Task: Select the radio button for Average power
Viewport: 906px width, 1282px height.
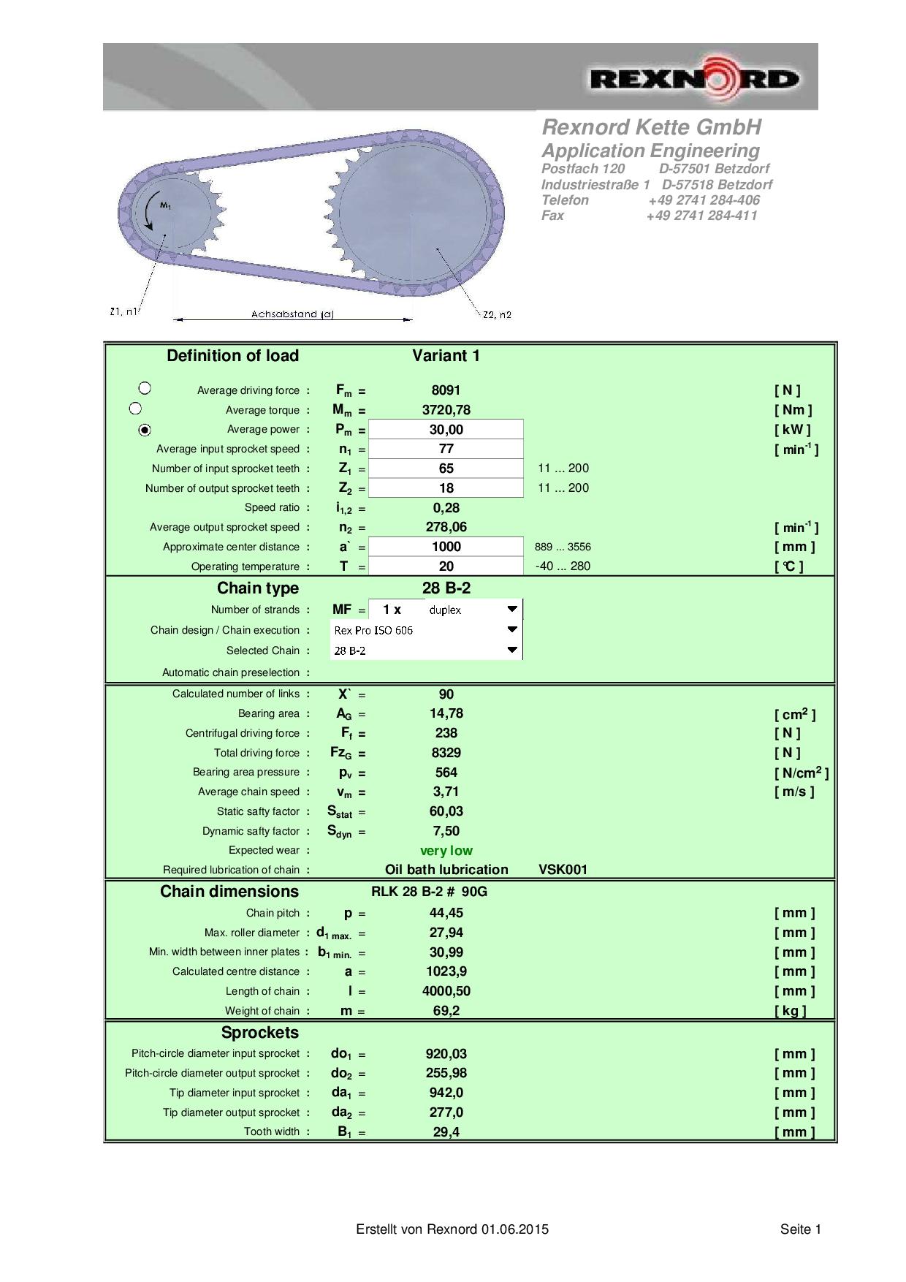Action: click(145, 430)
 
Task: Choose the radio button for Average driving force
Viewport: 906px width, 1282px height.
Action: click(145, 388)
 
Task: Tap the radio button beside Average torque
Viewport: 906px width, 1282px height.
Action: click(135, 409)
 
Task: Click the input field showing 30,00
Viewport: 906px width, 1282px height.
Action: click(446, 430)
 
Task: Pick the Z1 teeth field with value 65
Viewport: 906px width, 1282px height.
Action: click(446, 469)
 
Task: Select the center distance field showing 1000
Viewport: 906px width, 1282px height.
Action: click(446, 547)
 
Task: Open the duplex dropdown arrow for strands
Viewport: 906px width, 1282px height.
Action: click(512, 609)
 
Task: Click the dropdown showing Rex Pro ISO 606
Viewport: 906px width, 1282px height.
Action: click(425, 629)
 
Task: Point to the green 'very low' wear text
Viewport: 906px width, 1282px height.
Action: click(446, 851)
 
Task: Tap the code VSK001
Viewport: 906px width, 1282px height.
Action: click(563, 870)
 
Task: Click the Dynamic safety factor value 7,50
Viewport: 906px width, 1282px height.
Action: click(446, 831)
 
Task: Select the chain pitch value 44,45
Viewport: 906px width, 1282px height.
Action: click(446, 913)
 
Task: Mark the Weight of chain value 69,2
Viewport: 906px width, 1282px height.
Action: click(446, 1011)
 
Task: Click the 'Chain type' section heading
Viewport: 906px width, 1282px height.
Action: click(258, 588)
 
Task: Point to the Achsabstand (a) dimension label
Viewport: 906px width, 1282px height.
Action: click(292, 314)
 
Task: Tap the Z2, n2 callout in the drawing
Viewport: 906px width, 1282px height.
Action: click(497, 315)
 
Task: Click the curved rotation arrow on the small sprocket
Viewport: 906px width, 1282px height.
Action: click(151, 212)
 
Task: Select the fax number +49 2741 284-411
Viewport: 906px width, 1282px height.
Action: click(701, 216)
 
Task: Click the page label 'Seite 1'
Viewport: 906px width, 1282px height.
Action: click(800, 1229)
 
